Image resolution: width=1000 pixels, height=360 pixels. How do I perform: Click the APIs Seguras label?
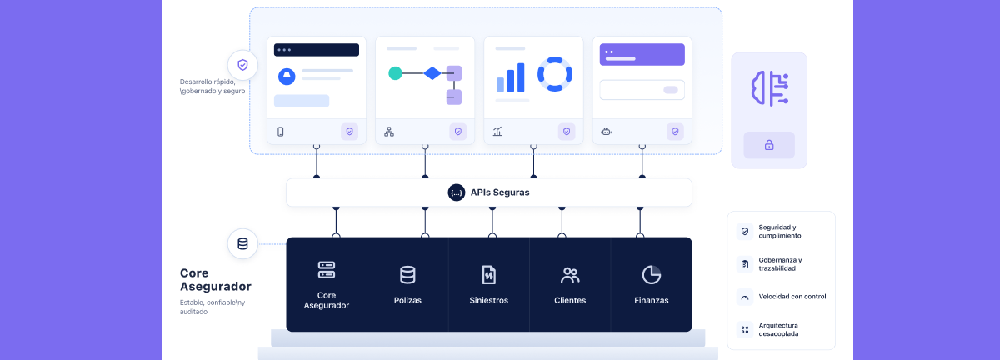click(x=500, y=192)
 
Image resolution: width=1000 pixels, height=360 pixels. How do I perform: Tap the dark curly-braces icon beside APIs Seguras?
click(x=457, y=192)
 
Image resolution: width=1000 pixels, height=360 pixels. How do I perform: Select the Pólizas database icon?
click(x=407, y=275)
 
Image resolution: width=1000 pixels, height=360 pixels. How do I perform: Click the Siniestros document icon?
click(x=489, y=275)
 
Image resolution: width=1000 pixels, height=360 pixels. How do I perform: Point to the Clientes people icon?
click(x=570, y=275)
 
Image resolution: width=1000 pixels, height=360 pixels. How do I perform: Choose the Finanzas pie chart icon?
click(x=652, y=275)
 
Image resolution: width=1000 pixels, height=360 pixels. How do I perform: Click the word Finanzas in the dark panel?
click(x=652, y=300)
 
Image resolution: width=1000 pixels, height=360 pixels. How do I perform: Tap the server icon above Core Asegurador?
click(x=327, y=270)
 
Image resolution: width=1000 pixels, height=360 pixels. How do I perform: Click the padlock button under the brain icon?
click(x=769, y=145)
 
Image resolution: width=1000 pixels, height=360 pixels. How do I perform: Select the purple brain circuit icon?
click(x=770, y=88)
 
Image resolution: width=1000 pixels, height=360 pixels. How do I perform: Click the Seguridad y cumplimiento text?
click(x=780, y=232)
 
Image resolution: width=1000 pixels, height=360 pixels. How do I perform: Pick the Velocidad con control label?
click(x=792, y=297)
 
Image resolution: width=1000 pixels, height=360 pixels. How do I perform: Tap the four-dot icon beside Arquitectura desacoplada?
click(x=745, y=330)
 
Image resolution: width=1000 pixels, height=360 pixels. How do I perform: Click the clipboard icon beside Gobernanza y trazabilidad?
click(x=745, y=264)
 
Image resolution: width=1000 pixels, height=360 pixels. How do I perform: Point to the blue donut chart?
click(x=555, y=74)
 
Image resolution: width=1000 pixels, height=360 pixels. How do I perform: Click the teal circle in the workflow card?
click(x=395, y=73)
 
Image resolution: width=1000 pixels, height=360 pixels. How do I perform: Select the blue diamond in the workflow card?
click(x=432, y=73)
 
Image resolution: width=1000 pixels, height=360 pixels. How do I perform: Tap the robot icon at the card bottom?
click(x=607, y=132)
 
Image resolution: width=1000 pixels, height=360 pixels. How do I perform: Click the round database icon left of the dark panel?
click(x=242, y=244)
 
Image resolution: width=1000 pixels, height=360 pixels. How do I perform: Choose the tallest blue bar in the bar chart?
click(x=520, y=77)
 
